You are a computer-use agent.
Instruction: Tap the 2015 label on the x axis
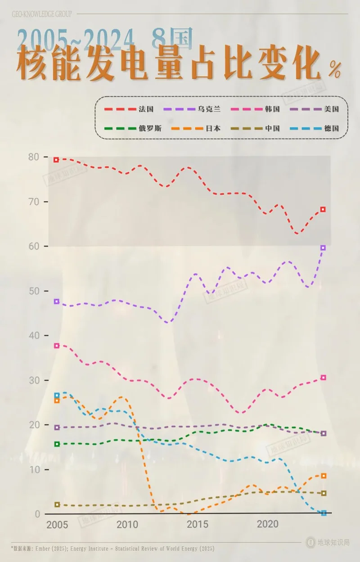[197, 525]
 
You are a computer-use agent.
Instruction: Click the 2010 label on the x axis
[127, 525]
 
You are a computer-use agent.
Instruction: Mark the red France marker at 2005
[57, 160]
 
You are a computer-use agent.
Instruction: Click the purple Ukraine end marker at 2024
[323, 247]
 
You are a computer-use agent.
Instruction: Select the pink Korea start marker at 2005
[57, 346]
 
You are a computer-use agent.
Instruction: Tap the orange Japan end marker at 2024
[323, 476]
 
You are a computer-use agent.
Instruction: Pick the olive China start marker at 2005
[57, 504]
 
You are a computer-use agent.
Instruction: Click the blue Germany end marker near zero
[324, 513]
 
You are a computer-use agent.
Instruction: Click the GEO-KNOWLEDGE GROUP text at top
[41, 14]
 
